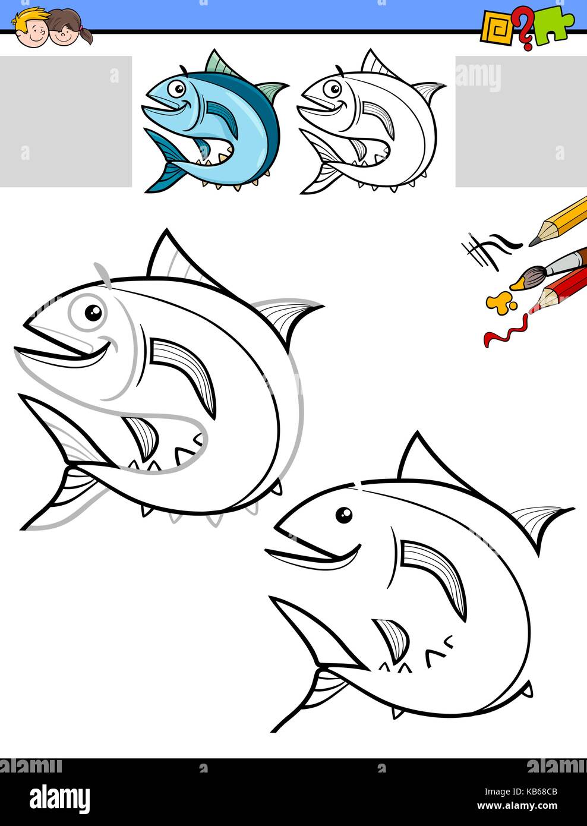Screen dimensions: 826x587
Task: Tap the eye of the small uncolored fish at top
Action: point(331,89)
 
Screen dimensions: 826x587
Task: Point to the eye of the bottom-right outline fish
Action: point(343,515)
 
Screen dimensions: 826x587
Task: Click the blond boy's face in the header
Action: point(30,30)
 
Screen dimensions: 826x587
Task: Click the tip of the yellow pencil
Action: point(533,242)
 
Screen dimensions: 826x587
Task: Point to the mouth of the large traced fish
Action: point(65,354)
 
